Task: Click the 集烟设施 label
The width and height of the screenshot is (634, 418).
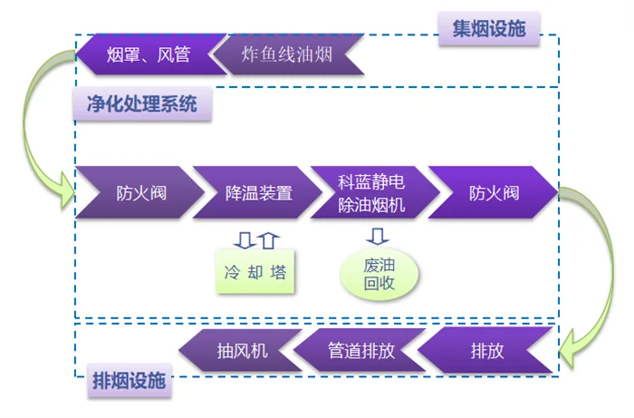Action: click(489, 29)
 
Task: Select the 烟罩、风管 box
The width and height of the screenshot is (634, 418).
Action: click(149, 54)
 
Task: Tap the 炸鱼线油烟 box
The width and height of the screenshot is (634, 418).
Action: click(287, 54)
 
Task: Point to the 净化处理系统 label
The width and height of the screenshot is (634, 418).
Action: click(140, 104)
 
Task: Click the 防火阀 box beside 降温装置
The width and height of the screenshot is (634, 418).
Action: click(136, 192)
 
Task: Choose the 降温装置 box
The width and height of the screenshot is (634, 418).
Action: click(255, 192)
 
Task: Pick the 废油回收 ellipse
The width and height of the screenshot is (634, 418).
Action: click(380, 274)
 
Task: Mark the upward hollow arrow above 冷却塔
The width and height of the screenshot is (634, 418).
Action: click(267, 238)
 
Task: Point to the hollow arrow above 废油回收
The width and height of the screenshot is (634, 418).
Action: click(378, 237)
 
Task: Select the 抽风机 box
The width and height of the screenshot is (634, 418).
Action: click(238, 351)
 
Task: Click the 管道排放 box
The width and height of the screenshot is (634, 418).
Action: click(359, 351)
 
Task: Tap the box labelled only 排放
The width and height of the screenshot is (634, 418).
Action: click(485, 351)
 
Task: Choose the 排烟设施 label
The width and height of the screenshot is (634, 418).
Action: click(129, 382)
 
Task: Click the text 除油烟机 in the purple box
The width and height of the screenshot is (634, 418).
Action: click(370, 205)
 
